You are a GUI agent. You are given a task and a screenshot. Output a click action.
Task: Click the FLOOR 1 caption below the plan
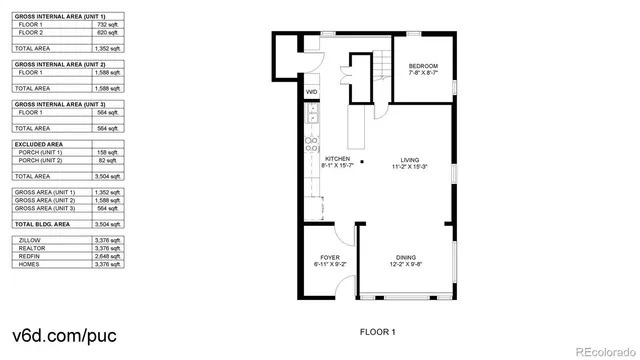click(378, 330)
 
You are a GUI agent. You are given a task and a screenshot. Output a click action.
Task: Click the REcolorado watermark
click(601, 351)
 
